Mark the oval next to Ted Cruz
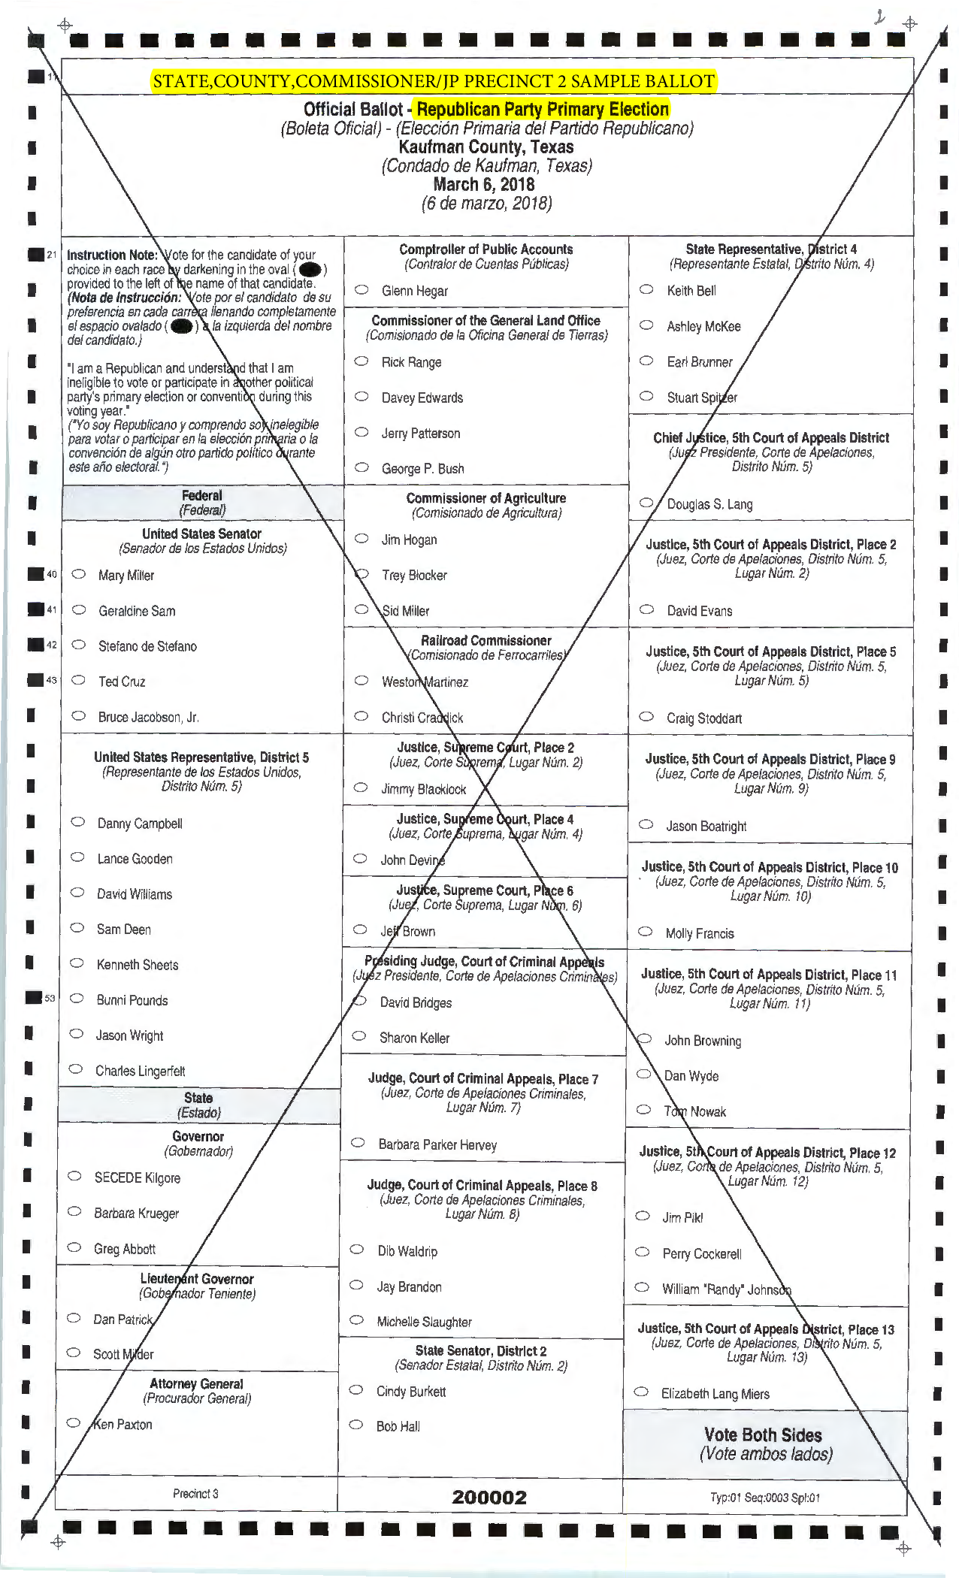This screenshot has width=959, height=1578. point(78,681)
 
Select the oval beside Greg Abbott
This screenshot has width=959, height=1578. point(74,1247)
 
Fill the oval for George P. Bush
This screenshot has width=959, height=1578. point(362,467)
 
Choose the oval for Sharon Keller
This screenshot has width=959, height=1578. point(359,1036)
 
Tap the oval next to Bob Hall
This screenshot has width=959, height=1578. point(356,1425)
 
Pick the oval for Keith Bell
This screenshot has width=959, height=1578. point(646,289)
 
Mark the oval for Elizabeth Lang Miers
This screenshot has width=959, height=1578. point(641,1392)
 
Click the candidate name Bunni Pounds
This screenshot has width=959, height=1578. point(132,1000)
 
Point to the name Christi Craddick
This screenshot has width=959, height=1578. point(422,718)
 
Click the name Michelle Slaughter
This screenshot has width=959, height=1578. point(424,1322)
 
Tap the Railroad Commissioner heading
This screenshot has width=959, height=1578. point(486,640)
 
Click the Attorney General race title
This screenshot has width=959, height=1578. point(196,1383)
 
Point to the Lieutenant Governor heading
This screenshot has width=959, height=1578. point(197,1278)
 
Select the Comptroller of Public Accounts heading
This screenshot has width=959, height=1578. point(486,249)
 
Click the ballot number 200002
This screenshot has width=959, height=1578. point(489,1497)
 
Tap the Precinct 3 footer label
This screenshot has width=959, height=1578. point(195,1493)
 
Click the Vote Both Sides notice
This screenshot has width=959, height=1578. point(763,1434)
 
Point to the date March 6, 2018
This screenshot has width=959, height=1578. point(483,184)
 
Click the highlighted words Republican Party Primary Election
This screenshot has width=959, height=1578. point(543,109)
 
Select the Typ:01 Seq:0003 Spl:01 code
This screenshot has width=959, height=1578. point(764,1497)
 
